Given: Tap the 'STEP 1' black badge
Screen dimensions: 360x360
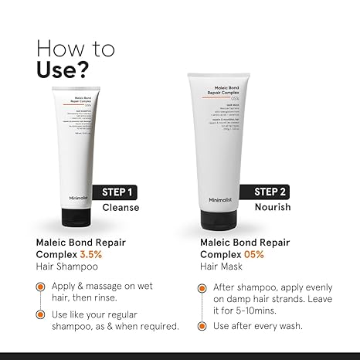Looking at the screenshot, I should click(119, 192).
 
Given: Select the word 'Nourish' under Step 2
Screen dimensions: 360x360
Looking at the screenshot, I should click(273, 207).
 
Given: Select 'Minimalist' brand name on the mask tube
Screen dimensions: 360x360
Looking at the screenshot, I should click(220, 199).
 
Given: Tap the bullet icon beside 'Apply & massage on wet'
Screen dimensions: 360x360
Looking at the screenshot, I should click(39, 285).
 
